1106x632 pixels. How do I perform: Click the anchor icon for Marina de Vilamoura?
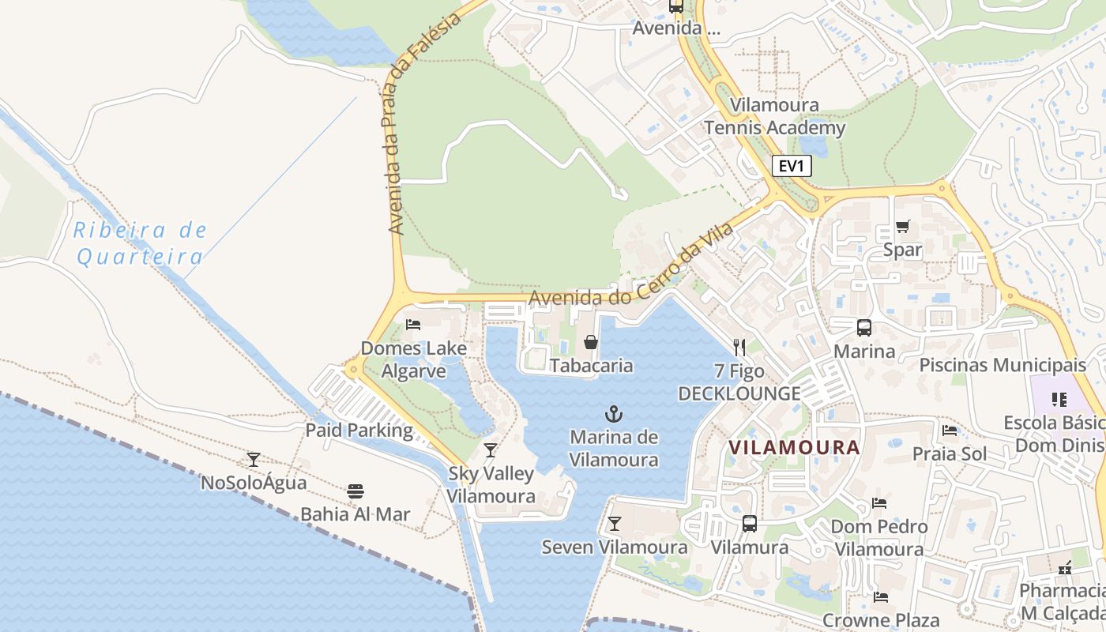[x=614, y=413]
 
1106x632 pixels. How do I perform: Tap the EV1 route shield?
[x=791, y=166]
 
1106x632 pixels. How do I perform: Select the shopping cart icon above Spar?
[x=902, y=227]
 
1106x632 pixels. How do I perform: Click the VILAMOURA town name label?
[x=794, y=447]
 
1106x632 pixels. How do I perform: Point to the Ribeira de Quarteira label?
[x=140, y=243]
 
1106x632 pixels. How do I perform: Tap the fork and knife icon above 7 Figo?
[x=739, y=347]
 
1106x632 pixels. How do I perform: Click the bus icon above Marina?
[x=864, y=327]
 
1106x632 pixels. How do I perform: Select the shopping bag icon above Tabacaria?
[x=590, y=342]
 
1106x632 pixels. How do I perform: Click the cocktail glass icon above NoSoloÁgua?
[x=254, y=459]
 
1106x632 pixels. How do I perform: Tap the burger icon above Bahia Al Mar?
[x=355, y=491]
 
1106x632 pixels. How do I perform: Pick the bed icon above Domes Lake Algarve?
[x=412, y=324]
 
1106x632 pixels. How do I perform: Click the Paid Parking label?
[x=359, y=431]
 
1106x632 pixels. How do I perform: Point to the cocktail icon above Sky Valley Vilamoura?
[x=491, y=450]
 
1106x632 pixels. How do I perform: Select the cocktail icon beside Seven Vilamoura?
[x=614, y=523]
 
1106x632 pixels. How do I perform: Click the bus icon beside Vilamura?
[x=749, y=523]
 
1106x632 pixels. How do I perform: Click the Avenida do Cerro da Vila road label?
[x=632, y=265]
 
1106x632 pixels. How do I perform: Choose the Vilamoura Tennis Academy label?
[x=774, y=116]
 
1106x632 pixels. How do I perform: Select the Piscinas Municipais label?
[x=1003, y=365]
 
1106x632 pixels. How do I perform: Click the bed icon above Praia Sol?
[x=950, y=431]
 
